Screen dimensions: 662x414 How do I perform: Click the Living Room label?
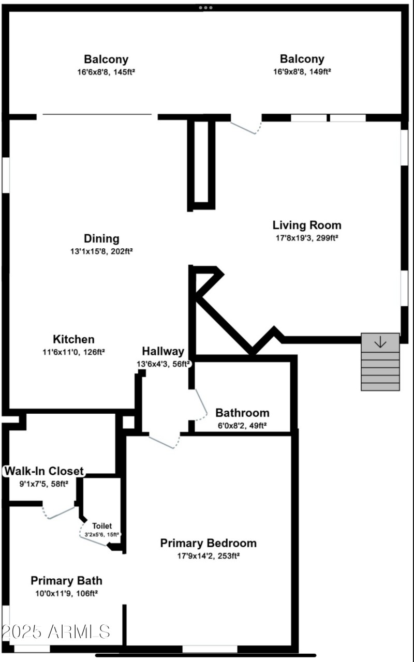[x=307, y=225]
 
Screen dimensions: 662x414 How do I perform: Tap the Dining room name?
[x=101, y=239]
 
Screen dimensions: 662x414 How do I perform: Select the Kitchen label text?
[x=74, y=340]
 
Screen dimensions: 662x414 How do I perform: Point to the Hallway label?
[x=163, y=352]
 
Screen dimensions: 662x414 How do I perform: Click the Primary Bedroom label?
[x=208, y=544]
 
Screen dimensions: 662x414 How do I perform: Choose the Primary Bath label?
[x=66, y=581]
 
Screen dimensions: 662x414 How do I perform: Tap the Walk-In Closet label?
[x=43, y=472]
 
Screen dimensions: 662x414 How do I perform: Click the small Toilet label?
[x=102, y=526]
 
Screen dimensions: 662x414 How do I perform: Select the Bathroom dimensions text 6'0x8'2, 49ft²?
[x=242, y=426]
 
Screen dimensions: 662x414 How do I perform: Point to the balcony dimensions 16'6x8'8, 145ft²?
[x=106, y=72]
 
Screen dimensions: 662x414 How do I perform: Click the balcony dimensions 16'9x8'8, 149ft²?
[x=302, y=72]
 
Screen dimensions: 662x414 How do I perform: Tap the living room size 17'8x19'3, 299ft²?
[x=307, y=238]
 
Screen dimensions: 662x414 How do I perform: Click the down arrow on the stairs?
[x=380, y=342]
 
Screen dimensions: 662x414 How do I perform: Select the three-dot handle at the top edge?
[x=205, y=8]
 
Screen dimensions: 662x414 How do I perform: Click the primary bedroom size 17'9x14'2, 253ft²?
[x=208, y=556]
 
